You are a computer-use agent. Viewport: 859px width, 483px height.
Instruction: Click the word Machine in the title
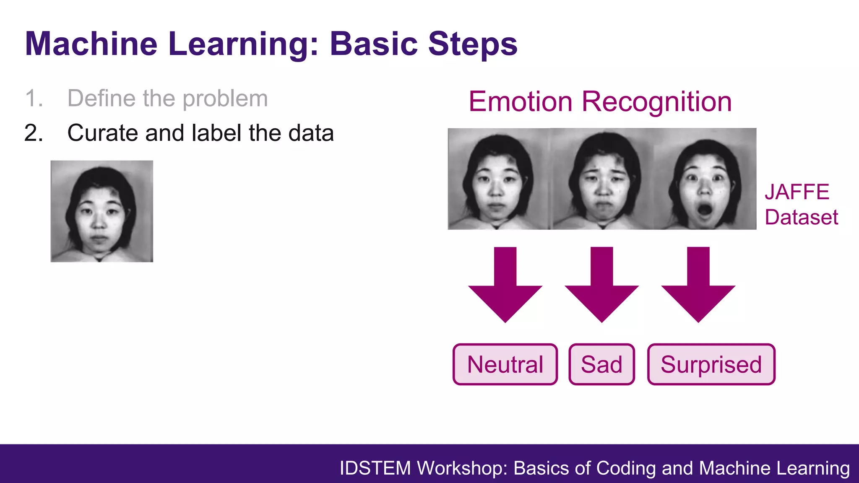click(91, 44)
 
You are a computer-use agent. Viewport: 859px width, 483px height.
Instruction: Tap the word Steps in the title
click(473, 44)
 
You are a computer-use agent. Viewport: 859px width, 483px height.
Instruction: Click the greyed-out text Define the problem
click(167, 99)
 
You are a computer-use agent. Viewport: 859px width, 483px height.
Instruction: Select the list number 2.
click(34, 133)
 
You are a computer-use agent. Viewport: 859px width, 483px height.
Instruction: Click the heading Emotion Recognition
click(600, 101)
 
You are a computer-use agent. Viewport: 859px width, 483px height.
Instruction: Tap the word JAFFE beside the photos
click(797, 192)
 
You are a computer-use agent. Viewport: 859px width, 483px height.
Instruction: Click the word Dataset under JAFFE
click(801, 217)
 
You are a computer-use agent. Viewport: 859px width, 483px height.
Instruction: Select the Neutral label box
click(505, 364)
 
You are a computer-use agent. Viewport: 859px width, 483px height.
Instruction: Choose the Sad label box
click(601, 364)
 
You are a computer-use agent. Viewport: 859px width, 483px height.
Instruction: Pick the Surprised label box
click(711, 364)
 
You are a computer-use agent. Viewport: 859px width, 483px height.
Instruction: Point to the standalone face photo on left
click(102, 211)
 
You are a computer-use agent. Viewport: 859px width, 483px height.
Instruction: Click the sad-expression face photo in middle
click(602, 179)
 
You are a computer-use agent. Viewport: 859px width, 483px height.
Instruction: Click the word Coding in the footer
click(626, 468)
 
